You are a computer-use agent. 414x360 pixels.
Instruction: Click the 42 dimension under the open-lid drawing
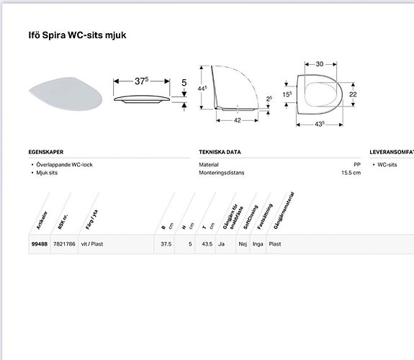click(237, 121)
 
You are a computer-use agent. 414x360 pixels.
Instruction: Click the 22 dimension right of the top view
click(353, 94)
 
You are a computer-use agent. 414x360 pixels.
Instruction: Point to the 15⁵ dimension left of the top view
click(286, 94)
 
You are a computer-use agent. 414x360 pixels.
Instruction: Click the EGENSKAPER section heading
click(46, 153)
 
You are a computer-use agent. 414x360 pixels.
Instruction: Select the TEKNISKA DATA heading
click(220, 153)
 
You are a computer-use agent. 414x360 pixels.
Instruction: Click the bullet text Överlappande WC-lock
click(64, 165)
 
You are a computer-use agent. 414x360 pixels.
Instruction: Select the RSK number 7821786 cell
click(63, 244)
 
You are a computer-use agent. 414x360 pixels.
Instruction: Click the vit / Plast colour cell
click(91, 244)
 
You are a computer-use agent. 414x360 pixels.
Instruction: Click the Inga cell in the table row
click(257, 244)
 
